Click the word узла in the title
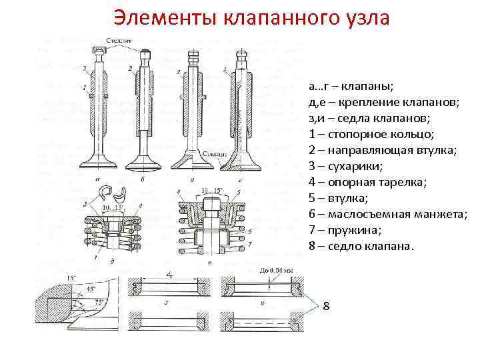click(365, 18)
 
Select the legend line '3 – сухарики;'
click(347, 166)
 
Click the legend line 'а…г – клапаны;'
click(351, 87)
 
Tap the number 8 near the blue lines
click(327, 306)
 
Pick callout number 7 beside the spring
click(249, 245)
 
